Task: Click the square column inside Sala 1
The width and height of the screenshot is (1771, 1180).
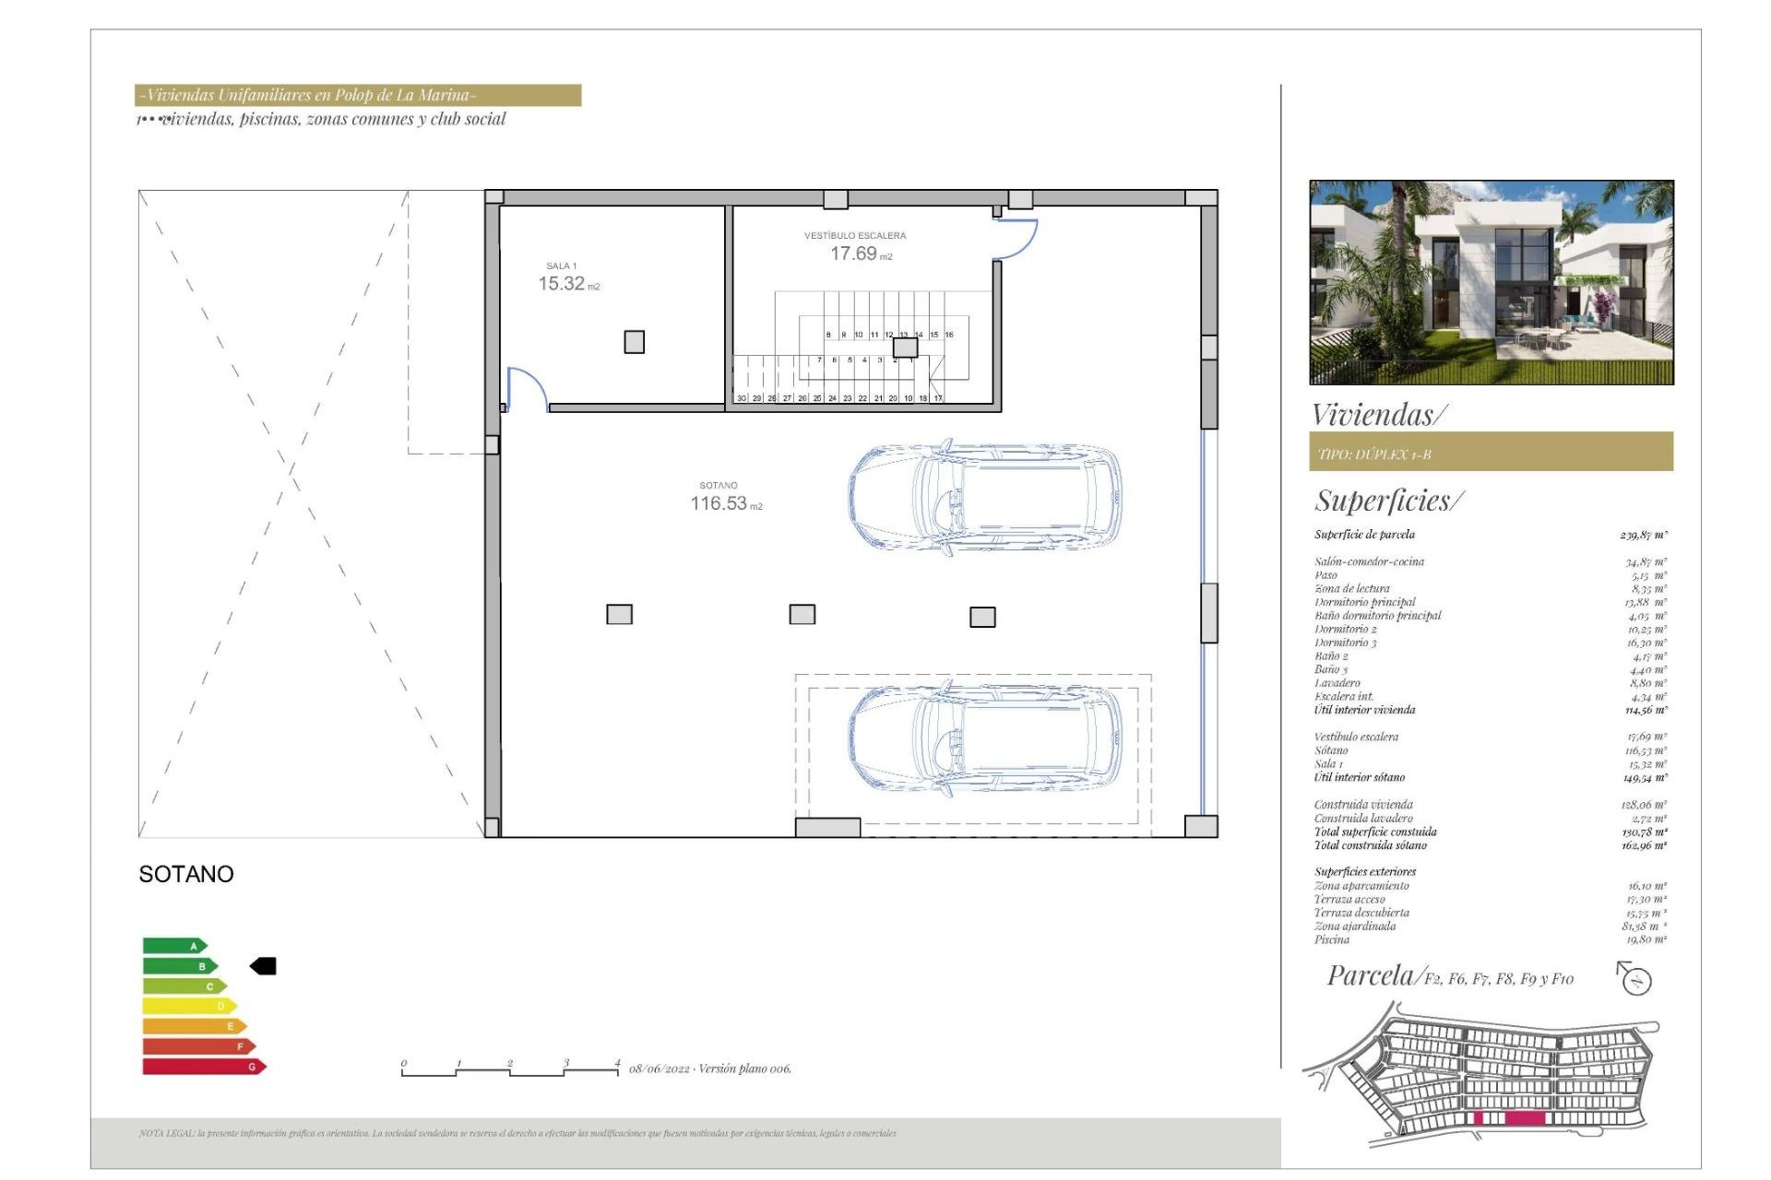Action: pos(635,342)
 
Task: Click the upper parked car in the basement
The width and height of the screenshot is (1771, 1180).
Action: pos(985,497)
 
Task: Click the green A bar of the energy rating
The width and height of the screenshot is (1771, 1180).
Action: pos(174,946)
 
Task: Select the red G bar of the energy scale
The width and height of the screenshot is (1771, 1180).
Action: pos(204,1067)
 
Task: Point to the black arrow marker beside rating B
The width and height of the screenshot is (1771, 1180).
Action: pos(264,966)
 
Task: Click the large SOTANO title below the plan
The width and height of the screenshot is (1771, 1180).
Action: pos(186,874)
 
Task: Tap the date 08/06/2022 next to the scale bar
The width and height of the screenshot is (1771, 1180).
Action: pos(660,1069)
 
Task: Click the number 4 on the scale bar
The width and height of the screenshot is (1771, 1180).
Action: pos(617,1063)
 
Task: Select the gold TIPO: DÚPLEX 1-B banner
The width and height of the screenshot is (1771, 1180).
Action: pos(1491,453)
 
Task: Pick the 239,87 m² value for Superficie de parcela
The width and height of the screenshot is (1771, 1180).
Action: pos(1644,535)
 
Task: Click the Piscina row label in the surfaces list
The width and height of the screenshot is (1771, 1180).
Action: pos(1332,940)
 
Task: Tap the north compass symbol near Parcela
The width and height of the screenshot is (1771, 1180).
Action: pos(1635,979)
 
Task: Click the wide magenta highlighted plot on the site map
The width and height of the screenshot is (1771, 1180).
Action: pos(1525,1118)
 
